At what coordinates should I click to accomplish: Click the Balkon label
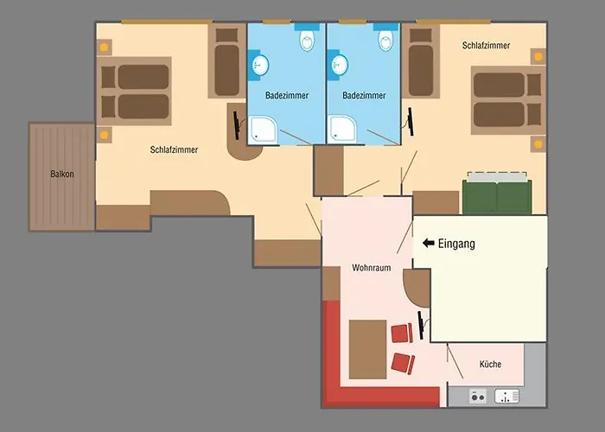pyautogui.click(x=61, y=174)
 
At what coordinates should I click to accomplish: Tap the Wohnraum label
pyautogui.click(x=372, y=268)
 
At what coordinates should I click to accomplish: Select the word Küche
pyautogui.click(x=490, y=365)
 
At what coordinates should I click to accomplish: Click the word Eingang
pyautogui.click(x=456, y=245)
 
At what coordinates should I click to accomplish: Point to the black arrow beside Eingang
pyautogui.click(x=428, y=245)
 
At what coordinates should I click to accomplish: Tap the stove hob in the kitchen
pyautogui.click(x=478, y=396)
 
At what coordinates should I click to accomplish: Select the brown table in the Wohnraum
pyautogui.click(x=367, y=350)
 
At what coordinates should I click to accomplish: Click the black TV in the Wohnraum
pyautogui.click(x=421, y=325)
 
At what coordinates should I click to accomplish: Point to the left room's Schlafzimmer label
pyautogui.click(x=174, y=149)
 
